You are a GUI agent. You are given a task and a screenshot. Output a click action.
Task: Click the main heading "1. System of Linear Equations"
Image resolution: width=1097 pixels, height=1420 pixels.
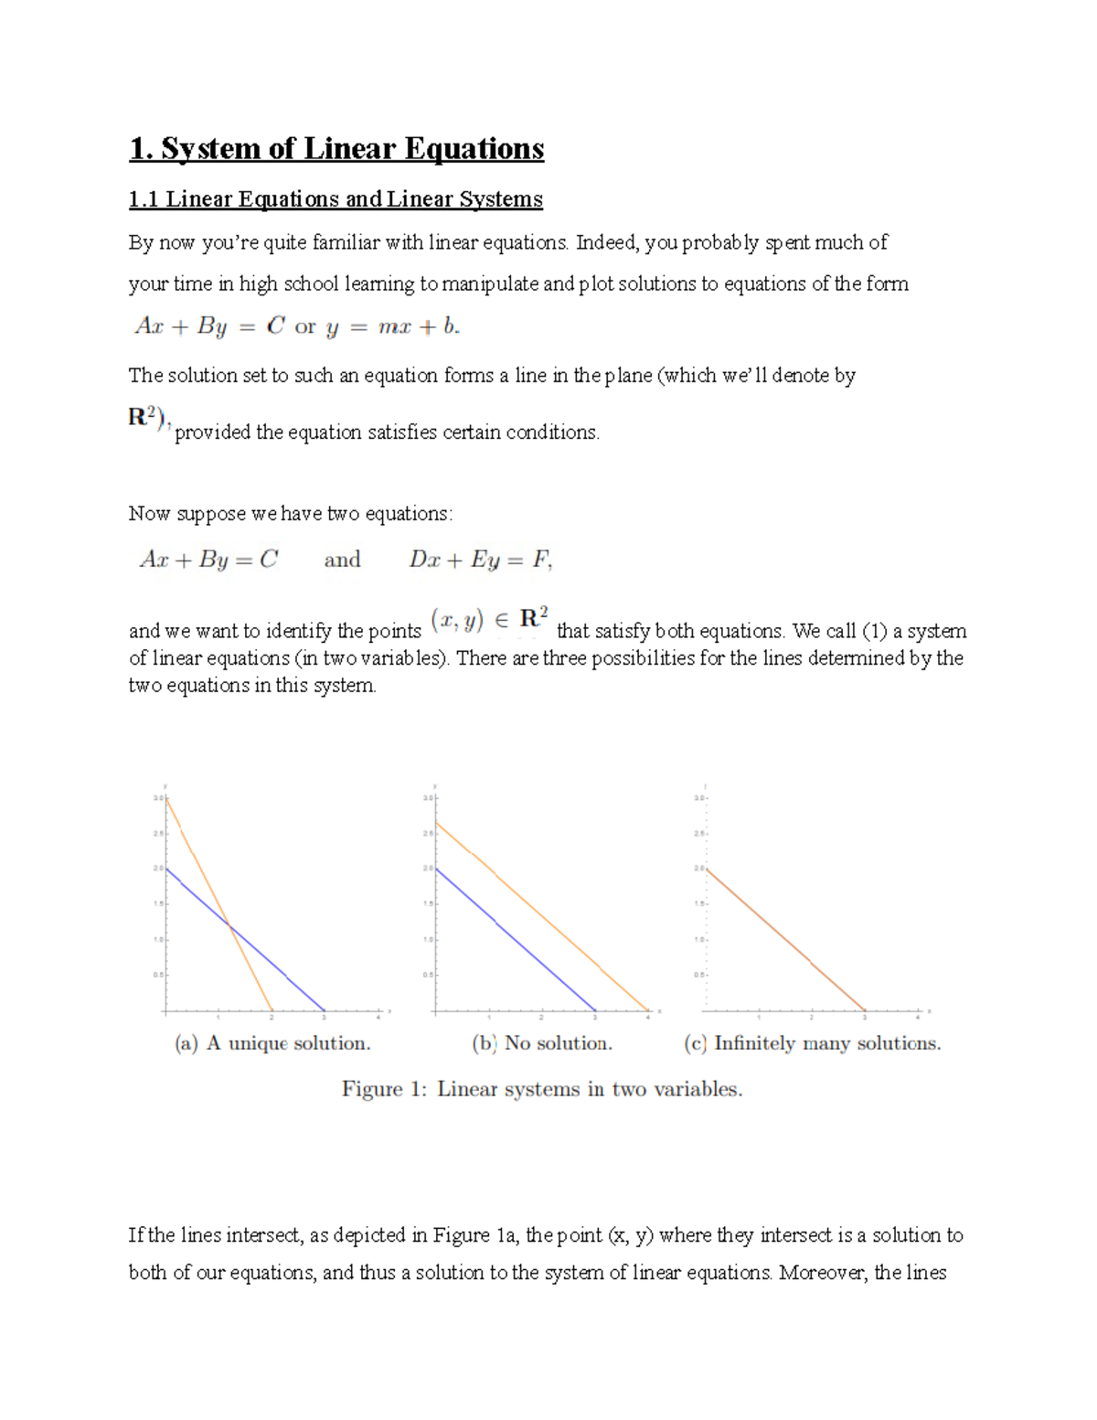point(336,148)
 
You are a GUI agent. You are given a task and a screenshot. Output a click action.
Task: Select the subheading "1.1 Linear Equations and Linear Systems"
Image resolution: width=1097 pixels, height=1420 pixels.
point(335,199)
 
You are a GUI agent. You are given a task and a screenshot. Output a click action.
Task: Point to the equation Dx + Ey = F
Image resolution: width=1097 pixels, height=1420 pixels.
point(480,560)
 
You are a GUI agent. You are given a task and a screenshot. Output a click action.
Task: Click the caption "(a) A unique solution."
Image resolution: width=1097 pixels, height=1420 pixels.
point(272,1043)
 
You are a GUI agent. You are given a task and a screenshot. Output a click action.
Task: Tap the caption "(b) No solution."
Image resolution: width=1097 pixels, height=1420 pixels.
point(542,1043)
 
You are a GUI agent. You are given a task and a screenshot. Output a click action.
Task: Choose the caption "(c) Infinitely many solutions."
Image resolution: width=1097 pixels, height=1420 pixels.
point(812,1043)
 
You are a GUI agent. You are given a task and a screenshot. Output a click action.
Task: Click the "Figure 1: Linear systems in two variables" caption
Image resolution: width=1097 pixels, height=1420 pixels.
point(542,1089)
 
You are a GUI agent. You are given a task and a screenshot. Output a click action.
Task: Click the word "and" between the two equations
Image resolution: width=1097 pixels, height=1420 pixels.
point(342,560)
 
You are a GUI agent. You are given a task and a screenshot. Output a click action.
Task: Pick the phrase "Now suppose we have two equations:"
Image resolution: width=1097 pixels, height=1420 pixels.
point(290,514)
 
